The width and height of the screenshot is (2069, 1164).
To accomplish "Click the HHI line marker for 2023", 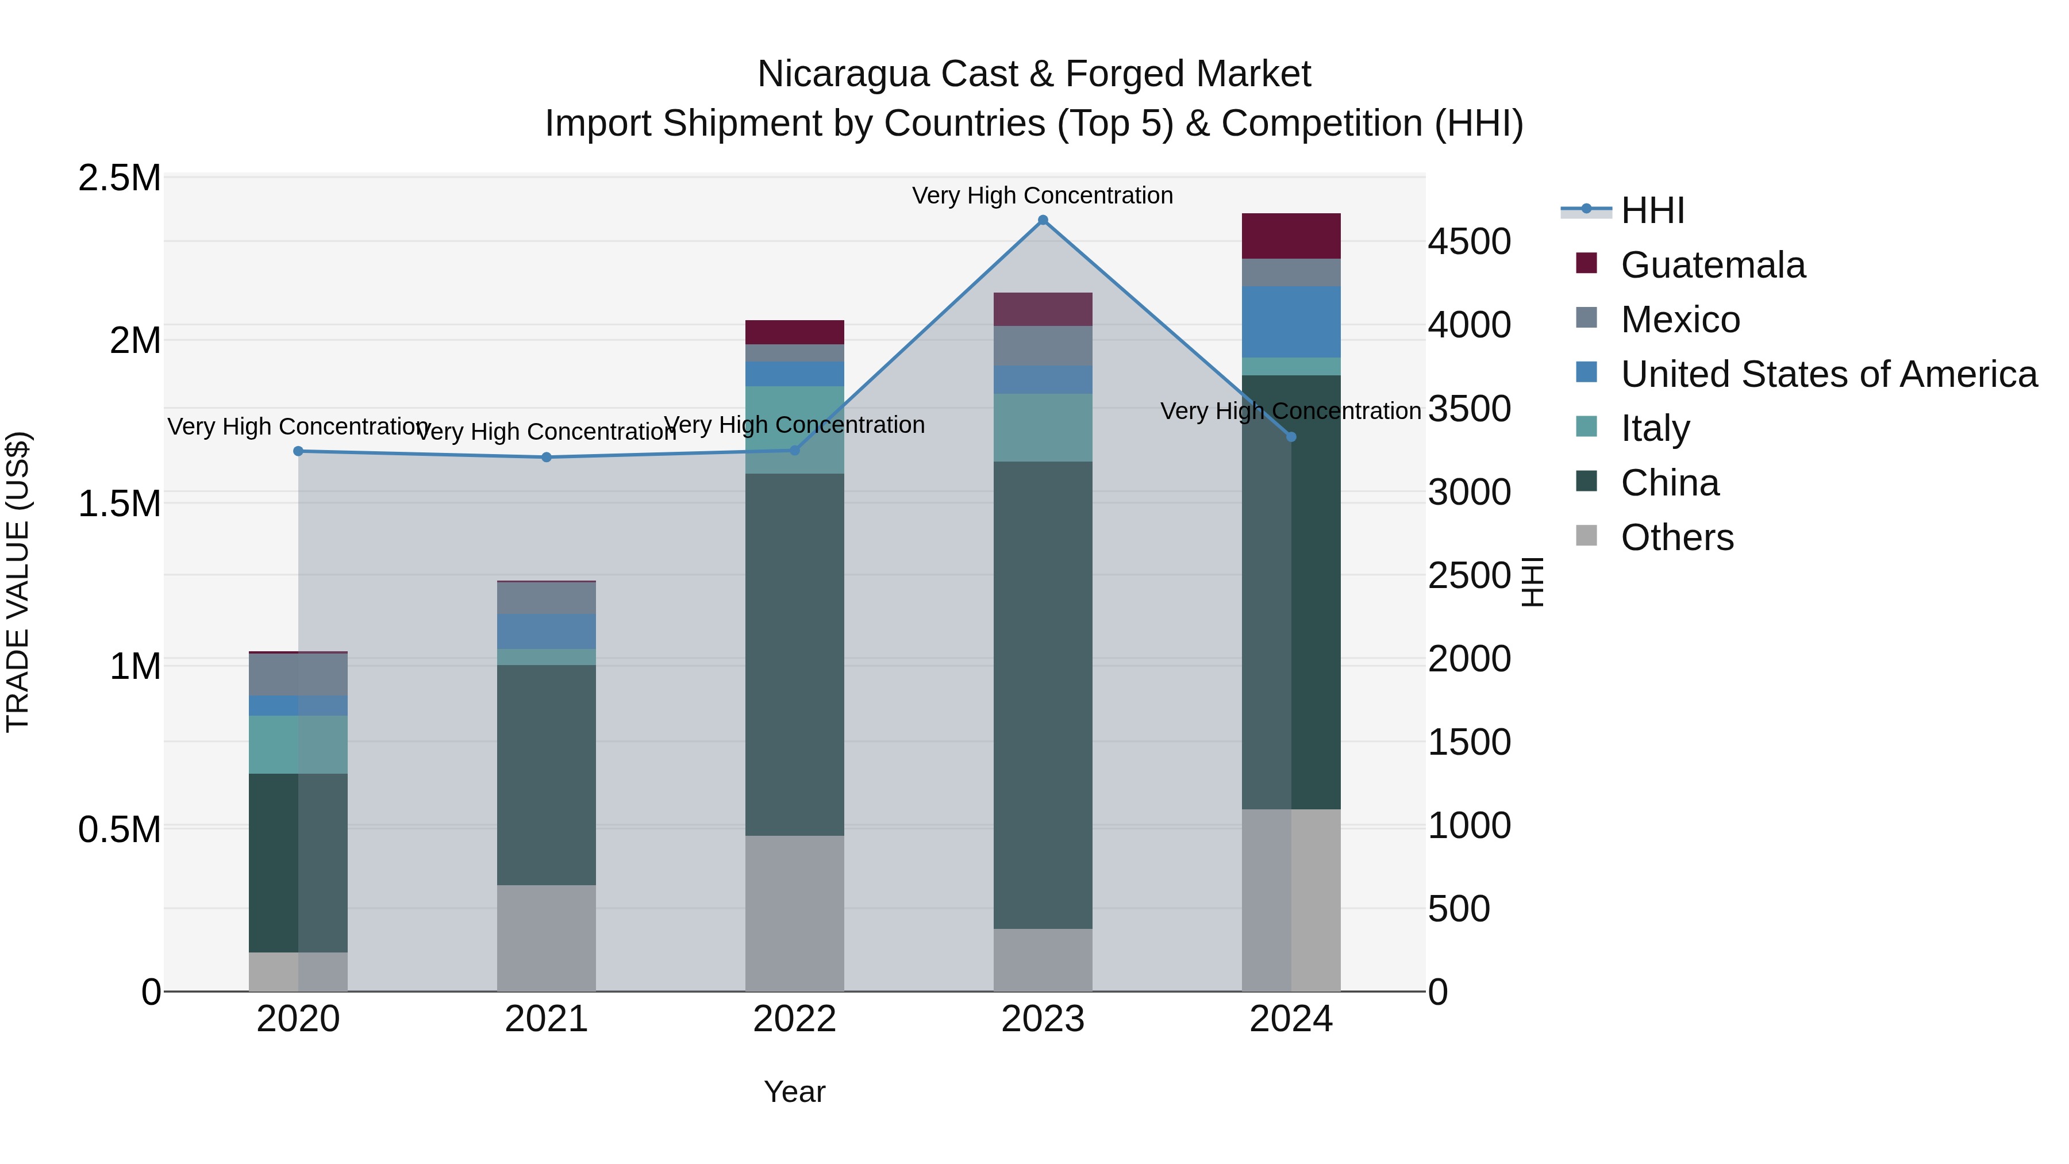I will [1043, 220].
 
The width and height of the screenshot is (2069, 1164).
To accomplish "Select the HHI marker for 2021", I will [546, 457].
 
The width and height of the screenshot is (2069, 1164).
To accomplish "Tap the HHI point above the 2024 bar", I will [1291, 437].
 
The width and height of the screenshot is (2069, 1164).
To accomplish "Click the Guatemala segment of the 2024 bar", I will [1291, 236].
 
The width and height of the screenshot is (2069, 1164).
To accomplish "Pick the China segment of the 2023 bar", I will [1043, 695].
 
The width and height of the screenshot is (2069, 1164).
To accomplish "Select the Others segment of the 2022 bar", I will [794, 913].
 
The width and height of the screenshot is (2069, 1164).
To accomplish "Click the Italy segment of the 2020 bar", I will [298, 744].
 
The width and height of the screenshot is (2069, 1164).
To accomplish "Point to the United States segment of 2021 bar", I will [546, 631].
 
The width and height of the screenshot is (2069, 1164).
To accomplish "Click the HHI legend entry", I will [1652, 210].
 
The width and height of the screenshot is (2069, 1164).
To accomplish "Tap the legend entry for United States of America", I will [1828, 374].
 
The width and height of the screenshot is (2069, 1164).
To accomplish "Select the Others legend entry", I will [1676, 537].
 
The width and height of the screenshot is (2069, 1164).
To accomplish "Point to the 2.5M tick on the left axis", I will [120, 178].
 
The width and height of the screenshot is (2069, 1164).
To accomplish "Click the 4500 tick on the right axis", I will [1469, 242].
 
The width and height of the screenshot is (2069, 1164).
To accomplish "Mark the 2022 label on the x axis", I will [794, 1019].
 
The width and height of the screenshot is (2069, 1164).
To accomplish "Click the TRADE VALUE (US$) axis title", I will [18, 582].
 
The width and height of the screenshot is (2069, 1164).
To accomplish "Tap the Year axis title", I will [794, 1092].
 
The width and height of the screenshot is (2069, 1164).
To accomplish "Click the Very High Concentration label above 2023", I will [1043, 195].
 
